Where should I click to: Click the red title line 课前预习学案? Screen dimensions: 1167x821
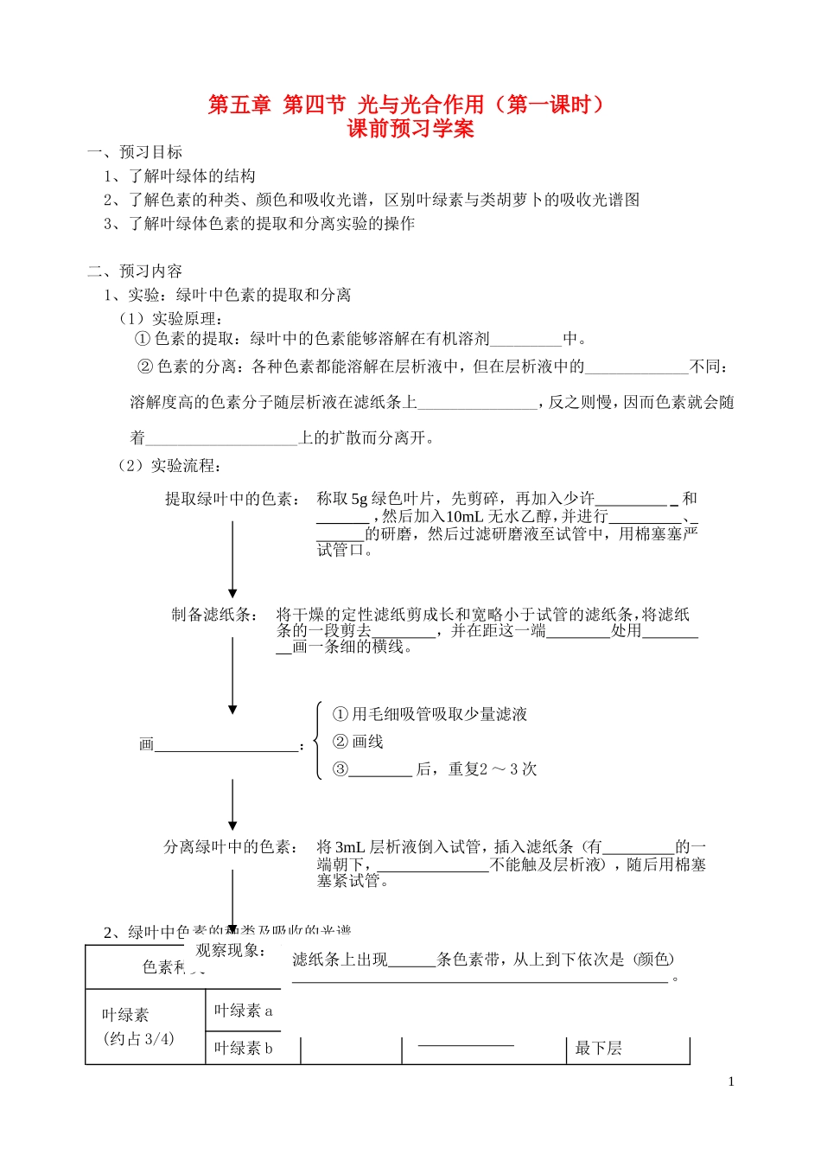click(x=410, y=130)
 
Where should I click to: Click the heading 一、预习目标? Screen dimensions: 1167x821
click(x=135, y=152)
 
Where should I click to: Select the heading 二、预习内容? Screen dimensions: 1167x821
click(x=135, y=271)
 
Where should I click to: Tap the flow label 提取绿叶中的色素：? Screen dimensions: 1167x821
click(x=233, y=499)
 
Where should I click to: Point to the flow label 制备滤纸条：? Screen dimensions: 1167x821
click(x=214, y=615)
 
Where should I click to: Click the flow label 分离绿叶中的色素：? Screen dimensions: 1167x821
click(x=232, y=847)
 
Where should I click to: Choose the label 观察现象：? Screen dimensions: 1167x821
click(x=231, y=951)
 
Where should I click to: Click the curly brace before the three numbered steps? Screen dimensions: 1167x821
click(x=319, y=741)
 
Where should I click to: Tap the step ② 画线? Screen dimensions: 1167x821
click(x=358, y=742)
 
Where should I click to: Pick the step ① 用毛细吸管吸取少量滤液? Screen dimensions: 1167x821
click(x=430, y=714)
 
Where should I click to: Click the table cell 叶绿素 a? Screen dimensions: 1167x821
click(x=243, y=1011)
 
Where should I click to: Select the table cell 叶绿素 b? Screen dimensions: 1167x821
click(x=243, y=1049)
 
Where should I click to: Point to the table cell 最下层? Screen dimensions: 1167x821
click(x=599, y=1049)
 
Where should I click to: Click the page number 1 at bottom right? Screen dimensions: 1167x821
click(x=731, y=1081)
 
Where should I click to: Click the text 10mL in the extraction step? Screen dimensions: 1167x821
click(x=464, y=517)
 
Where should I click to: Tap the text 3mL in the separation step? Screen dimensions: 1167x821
click(x=349, y=847)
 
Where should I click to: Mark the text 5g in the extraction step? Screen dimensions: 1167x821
click(x=360, y=499)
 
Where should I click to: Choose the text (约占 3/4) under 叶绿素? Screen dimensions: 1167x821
click(x=138, y=1038)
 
